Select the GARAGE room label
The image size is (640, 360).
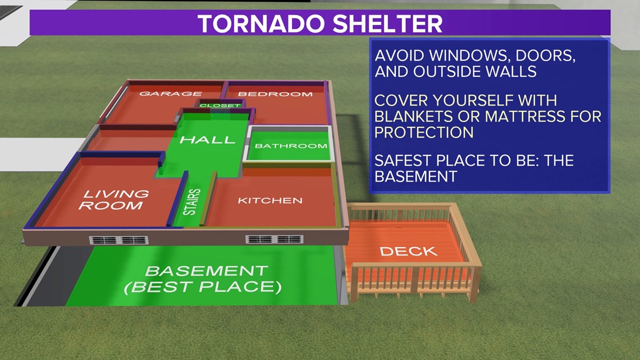tap(171, 93)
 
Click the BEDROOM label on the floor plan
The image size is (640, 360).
tap(276, 94)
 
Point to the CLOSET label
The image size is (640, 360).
tap(220, 106)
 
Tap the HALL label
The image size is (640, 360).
tap(208, 140)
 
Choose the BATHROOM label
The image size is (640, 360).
tap(291, 145)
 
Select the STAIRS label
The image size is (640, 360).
tap(192, 202)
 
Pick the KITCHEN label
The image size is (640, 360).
tap(270, 200)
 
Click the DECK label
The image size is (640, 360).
tap(409, 251)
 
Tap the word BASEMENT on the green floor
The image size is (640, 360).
tap(207, 271)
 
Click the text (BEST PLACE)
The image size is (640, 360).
tap(203, 287)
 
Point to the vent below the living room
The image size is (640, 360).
tap(119, 240)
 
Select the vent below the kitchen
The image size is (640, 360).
tap(275, 239)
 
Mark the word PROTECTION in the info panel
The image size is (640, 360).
tap(424, 132)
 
